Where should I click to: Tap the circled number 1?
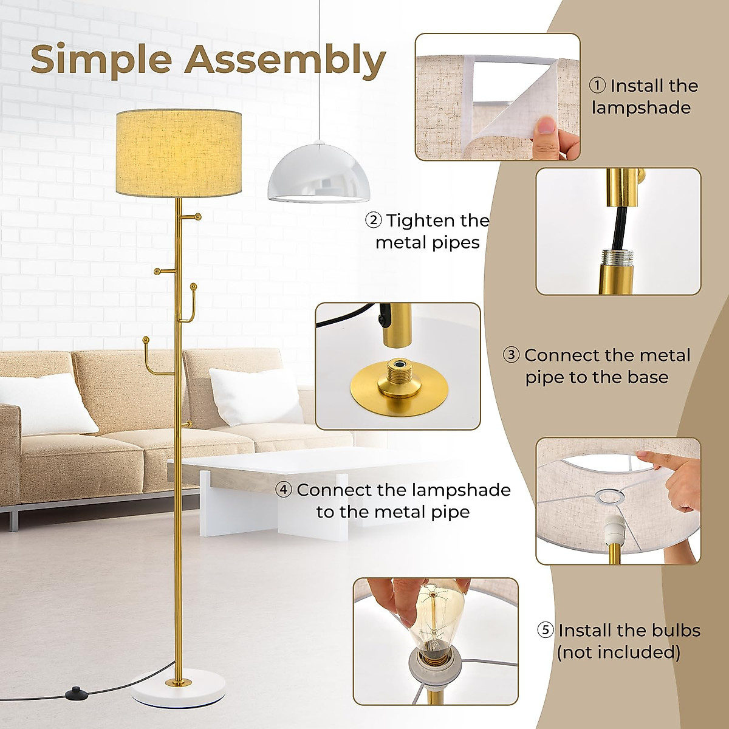(x=598, y=86)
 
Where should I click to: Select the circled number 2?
(x=373, y=220)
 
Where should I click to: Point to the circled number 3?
(x=512, y=355)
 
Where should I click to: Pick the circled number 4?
(x=284, y=490)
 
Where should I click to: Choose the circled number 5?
(x=546, y=630)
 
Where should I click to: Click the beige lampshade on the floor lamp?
(x=179, y=152)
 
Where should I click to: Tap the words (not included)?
(x=618, y=652)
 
